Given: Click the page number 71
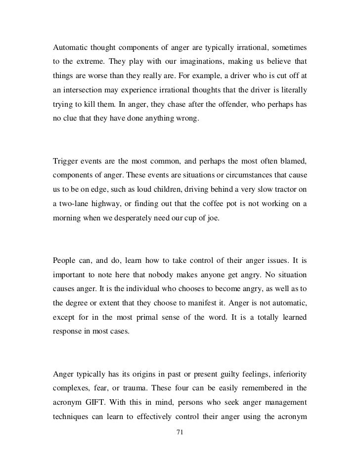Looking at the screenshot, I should pos(180,432).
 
